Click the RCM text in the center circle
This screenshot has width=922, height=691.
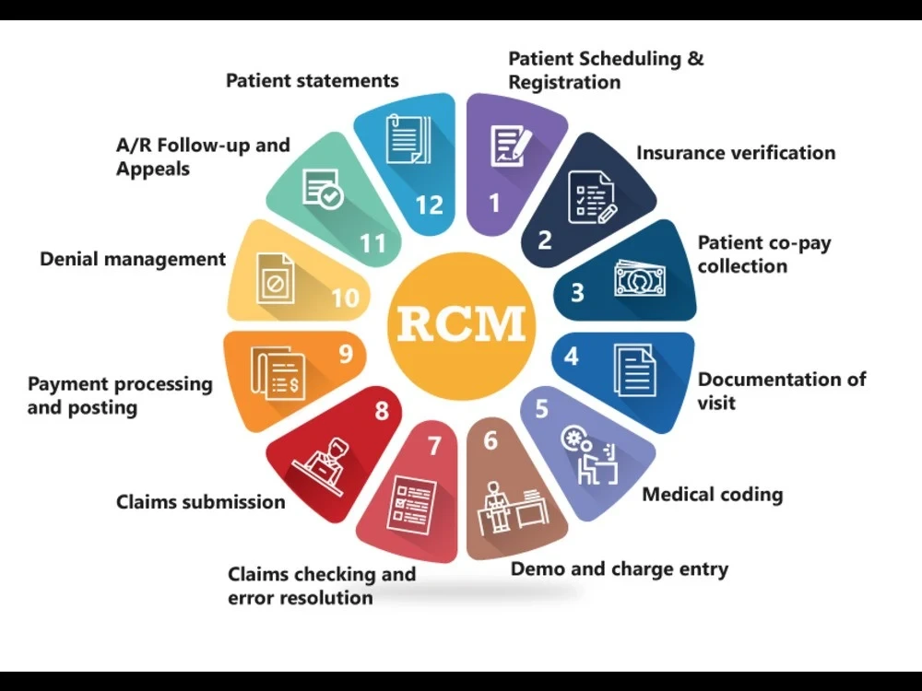pyautogui.click(x=462, y=323)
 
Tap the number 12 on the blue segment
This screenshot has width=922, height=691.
pyautogui.click(x=430, y=205)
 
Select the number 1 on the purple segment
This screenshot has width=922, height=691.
pyautogui.click(x=494, y=203)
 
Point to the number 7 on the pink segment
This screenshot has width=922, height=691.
pyautogui.click(x=434, y=446)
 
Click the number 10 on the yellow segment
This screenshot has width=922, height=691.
pyautogui.click(x=346, y=298)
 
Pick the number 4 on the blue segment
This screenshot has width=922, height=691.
pyautogui.click(x=571, y=356)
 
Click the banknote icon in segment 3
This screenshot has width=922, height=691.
pyautogui.click(x=640, y=278)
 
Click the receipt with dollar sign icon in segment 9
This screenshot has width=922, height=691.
pyautogui.click(x=278, y=372)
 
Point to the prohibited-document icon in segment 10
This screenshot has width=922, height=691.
pyautogui.click(x=276, y=278)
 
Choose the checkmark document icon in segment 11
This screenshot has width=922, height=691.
pyautogui.click(x=323, y=189)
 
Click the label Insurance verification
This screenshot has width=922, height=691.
pyautogui.click(x=736, y=153)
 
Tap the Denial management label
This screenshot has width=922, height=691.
pyautogui.click(x=133, y=259)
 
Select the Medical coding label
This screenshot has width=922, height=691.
pyautogui.click(x=713, y=495)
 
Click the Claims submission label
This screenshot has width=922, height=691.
pyautogui.click(x=200, y=502)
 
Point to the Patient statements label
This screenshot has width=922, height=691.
pyautogui.click(x=313, y=80)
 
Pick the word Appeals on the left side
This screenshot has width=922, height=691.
pyautogui.click(x=153, y=170)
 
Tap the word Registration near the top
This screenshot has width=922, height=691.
pyautogui.click(x=564, y=82)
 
